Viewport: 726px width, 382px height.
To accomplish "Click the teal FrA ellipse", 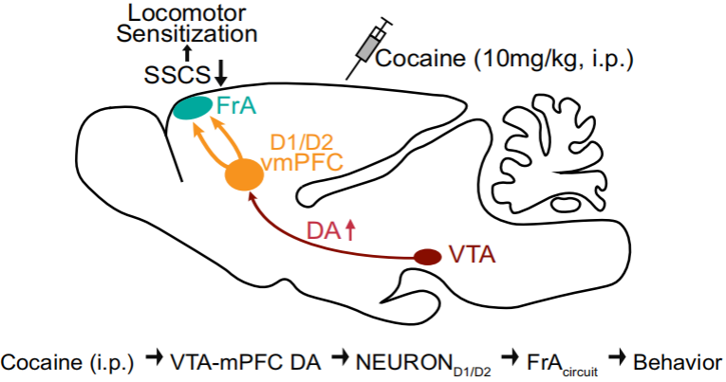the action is (x=192, y=108).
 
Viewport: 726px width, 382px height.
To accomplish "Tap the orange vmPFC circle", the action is (x=244, y=174).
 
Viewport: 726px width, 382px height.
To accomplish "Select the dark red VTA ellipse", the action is (x=427, y=257).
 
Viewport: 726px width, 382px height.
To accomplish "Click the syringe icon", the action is (x=369, y=46).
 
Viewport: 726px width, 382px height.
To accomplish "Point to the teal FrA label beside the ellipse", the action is (x=236, y=106).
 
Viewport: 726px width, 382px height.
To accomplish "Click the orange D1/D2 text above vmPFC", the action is (x=302, y=143).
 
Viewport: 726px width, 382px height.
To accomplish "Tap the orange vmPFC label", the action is (x=302, y=163).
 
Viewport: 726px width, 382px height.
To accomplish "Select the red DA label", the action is (x=325, y=230).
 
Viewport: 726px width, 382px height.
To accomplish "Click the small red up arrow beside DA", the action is (x=350, y=230).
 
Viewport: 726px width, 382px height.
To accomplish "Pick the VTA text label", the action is (x=473, y=255).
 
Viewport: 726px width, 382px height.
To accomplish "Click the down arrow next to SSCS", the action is (x=221, y=73).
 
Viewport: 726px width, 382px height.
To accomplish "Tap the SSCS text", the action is (x=177, y=76).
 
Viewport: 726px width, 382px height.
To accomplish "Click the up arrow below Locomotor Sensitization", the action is (x=187, y=53).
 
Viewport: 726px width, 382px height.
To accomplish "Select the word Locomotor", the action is (x=187, y=13).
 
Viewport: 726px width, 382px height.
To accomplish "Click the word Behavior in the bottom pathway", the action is (x=678, y=363).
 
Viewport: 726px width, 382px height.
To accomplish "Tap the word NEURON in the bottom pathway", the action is (x=403, y=363).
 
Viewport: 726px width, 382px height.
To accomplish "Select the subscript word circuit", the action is (x=580, y=372).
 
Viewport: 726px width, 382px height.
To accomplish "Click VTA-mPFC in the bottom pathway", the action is (x=224, y=363).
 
